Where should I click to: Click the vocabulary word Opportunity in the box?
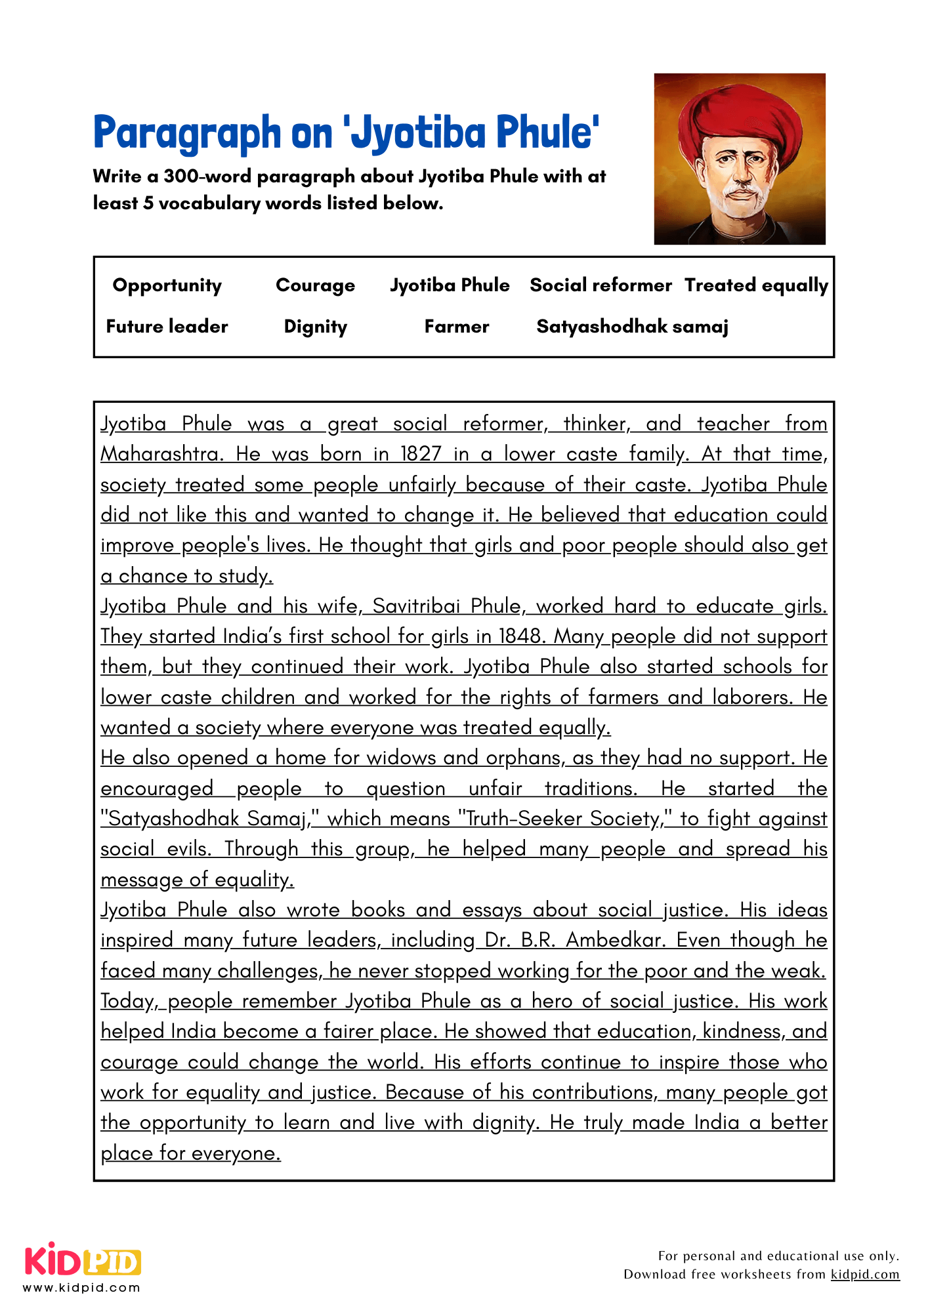click(x=167, y=285)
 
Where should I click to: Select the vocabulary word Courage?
click(x=315, y=285)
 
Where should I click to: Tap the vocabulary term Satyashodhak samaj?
click(x=632, y=327)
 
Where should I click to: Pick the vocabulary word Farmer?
click(x=456, y=327)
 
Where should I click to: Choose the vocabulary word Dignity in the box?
click(x=315, y=327)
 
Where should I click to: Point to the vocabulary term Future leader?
click(x=167, y=327)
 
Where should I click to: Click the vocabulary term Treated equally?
click(x=756, y=285)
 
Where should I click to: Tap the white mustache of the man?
click(x=740, y=192)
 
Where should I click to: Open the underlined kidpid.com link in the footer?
click(x=864, y=1274)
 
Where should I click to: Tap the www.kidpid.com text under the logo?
click(x=82, y=1287)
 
